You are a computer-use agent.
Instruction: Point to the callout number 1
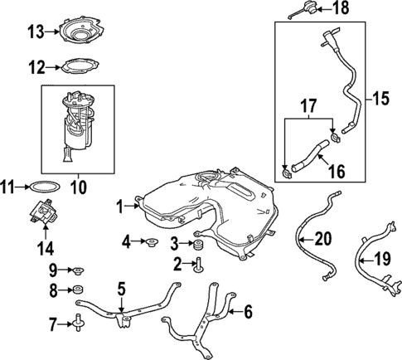point(120,203)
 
